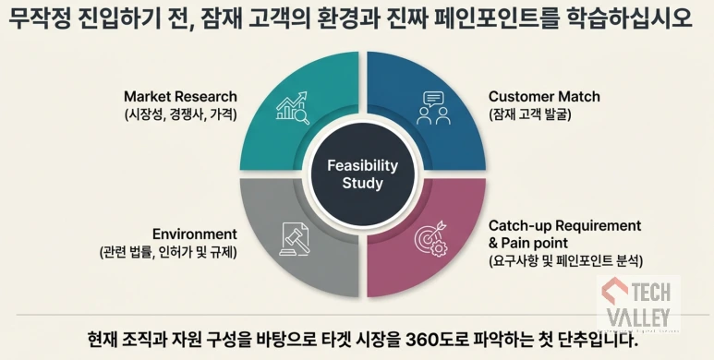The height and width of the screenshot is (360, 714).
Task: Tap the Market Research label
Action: pyautogui.click(x=181, y=96)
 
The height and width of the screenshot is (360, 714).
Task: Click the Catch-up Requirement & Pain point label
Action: pyautogui.click(x=564, y=234)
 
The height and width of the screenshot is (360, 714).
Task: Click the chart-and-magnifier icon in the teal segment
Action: pyautogui.click(x=292, y=110)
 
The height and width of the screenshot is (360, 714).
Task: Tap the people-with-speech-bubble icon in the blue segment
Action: pyautogui.click(x=432, y=109)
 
